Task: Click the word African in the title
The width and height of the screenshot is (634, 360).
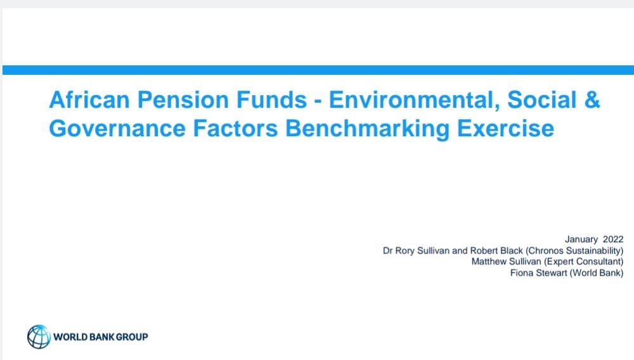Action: pyautogui.click(x=89, y=100)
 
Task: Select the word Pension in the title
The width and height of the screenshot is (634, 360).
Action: pyautogui.click(x=183, y=100)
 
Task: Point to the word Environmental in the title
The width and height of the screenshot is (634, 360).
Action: pyautogui.click(x=415, y=100)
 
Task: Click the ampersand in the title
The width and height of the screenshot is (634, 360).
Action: pyautogui.click(x=592, y=100)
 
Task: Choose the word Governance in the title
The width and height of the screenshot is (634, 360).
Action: pyautogui.click(x=117, y=129)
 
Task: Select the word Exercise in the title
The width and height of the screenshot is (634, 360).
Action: pyautogui.click(x=506, y=129)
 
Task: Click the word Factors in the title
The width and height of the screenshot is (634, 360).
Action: pyautogui.click(x=235, y=129)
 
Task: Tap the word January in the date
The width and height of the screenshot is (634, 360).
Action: pyautogui.click(x=581, y=240)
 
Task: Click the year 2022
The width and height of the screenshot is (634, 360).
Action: pyautogui.click(x=613, y=240)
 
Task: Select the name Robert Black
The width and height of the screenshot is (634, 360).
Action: pyautogui.click(x=496, y=250)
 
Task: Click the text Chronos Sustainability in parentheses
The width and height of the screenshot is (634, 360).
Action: pyautogui.click(x=574, y=251)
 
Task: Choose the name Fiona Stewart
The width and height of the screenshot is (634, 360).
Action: pyautogui.click(x=538, y=273)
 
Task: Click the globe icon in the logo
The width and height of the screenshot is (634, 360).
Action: pyautogui.click(x=39, y=337)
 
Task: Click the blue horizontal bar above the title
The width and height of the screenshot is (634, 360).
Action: pyautogui.click(x=318, y=70)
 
